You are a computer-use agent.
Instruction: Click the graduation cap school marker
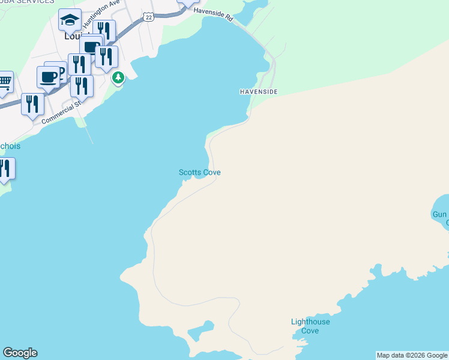click(x=70, y=20)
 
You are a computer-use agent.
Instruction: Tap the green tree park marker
click(x=119, y=77)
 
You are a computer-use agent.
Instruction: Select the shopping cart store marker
click(x=4, y=82)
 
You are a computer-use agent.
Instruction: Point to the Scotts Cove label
click(x=200, y=173)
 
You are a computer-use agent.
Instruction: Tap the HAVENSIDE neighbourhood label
click(x=258, y=92)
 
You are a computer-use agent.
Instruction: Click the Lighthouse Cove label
click(x=310, y=326)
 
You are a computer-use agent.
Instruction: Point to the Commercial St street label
click(x=61, y=112)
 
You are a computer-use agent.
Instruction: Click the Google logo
click(x=20, y=353)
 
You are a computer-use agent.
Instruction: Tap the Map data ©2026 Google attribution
click(x=412, y=355)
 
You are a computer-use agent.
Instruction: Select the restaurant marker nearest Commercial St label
click(x=32, y=103)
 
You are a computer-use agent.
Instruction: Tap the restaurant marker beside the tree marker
click(x=106, y=56)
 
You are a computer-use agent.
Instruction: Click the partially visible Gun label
click(x=440, y=214)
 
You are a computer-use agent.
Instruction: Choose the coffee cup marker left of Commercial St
click(x=48, y=76)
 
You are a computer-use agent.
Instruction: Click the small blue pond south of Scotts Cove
click(x=205, y=326)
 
